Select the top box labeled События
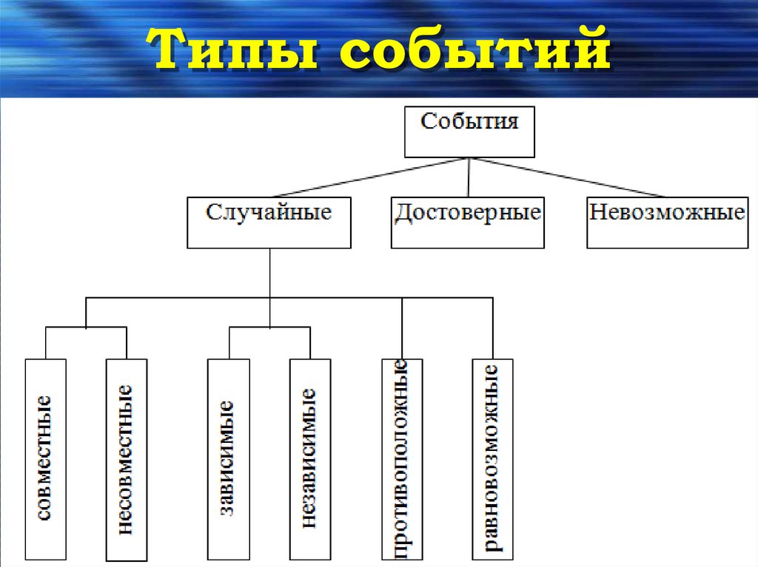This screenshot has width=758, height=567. click(x=469, y=132)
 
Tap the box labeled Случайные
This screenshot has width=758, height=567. click(x=269, y=222)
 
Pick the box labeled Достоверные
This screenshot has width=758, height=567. click(x=467, y=222)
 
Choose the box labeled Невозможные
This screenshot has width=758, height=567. click(x=666, y=222)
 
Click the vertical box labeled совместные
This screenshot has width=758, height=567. click(x=45, y=458)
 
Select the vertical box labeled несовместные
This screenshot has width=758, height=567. click(x=127, y=458)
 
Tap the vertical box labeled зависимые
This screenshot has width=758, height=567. click(x=228, y=458)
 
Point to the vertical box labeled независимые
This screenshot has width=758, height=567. click(x=309, y=458)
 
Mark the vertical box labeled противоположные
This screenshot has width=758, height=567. click(x=402, y=458)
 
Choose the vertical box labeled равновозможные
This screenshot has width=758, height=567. click(x=492, y=458)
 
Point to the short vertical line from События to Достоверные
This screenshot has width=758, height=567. click(x=469, y=177)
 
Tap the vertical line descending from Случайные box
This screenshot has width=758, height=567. click(x=270, y=274)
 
